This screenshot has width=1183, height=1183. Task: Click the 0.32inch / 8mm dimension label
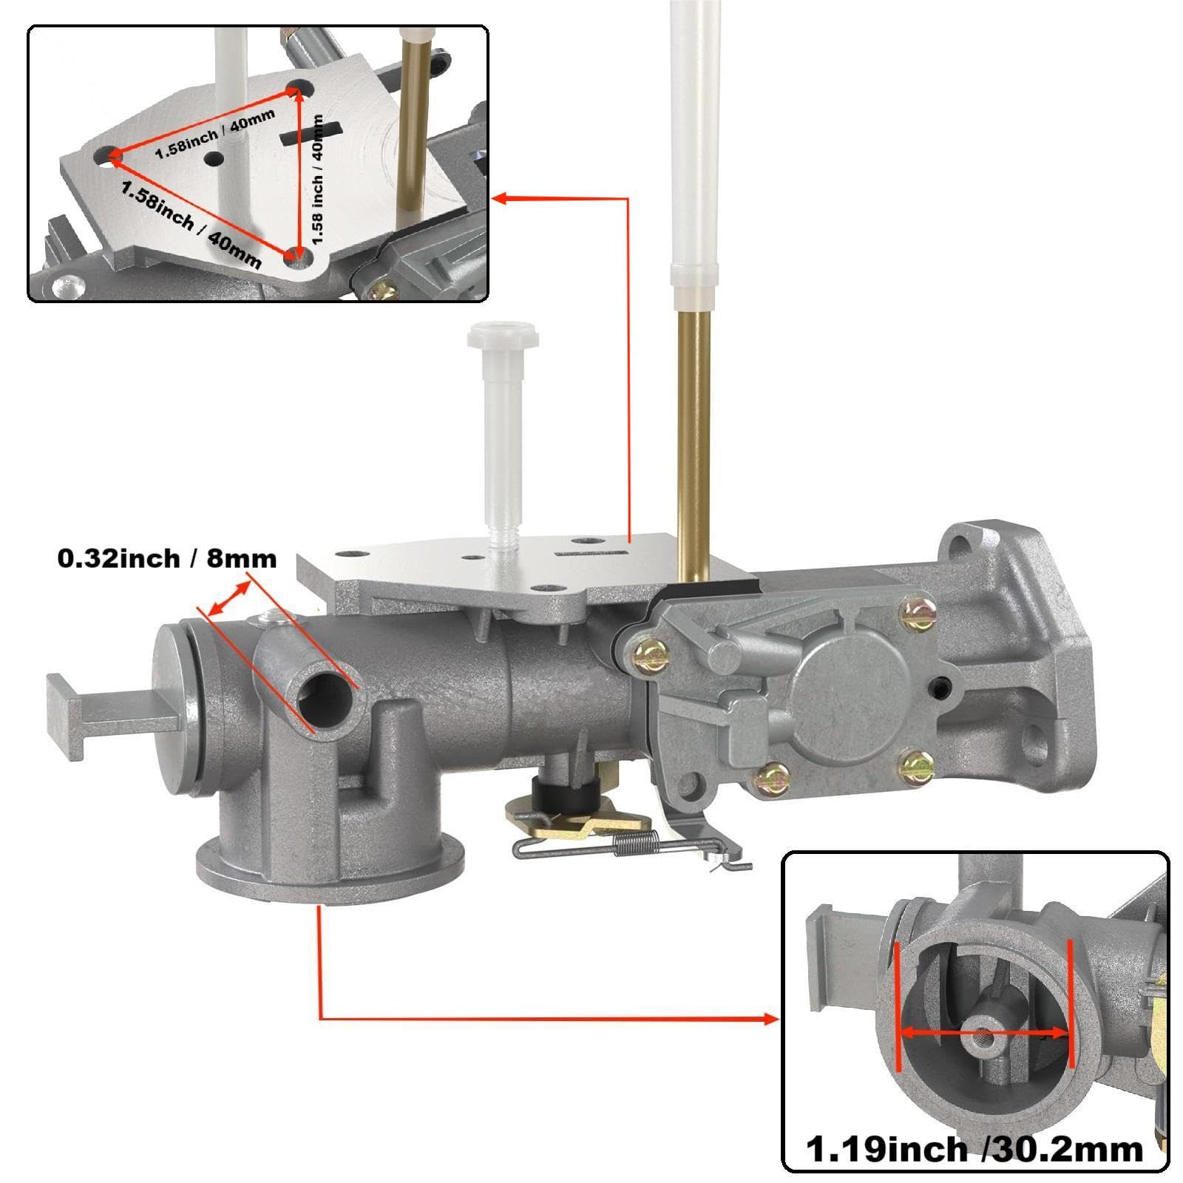coord(167,558)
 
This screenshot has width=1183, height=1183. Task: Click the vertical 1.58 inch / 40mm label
coord(319,179)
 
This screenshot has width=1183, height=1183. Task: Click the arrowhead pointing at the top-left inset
coord(503,198)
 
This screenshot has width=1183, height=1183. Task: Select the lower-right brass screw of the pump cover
coord(917,766)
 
